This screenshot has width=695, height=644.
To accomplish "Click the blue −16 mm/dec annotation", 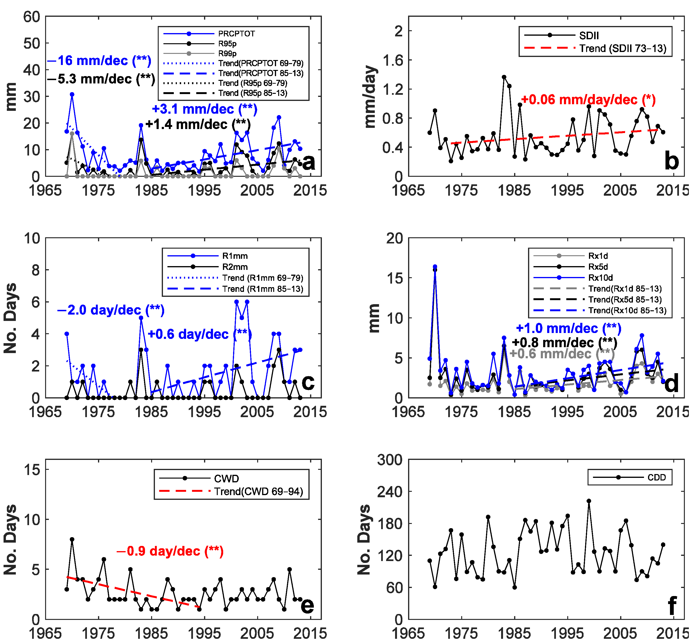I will point(99,61).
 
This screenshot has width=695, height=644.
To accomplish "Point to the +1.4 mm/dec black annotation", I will point(197,124).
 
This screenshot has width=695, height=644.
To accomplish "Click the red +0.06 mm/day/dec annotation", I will point(588,100).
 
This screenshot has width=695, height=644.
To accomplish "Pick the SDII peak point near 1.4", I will point(504,77).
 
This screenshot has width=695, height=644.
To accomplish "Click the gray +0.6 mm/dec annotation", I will point(562,354).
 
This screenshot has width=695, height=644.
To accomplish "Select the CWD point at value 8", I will point(72,540).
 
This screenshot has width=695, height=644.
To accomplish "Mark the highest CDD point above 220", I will point(589,501).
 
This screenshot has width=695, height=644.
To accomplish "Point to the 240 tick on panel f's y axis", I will point(390,492).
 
